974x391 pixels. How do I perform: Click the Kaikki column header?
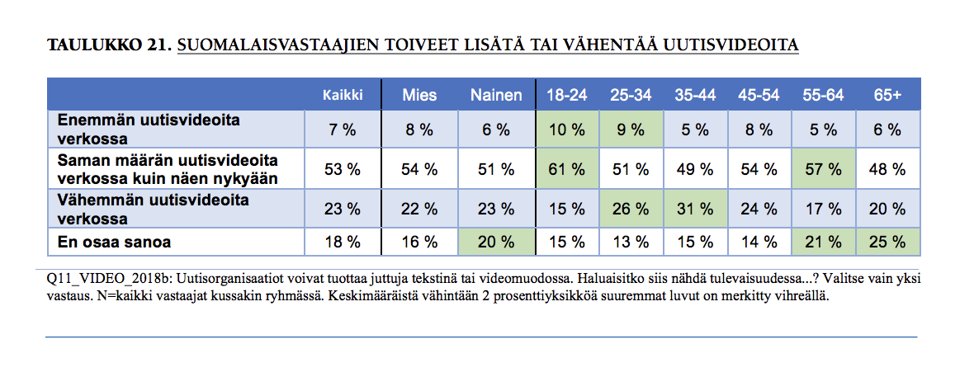click(343, 95)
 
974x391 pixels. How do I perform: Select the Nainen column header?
click(496, 95)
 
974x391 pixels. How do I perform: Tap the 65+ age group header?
click(887, 95)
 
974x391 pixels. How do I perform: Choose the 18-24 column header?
click(567, 95)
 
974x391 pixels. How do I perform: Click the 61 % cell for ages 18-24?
click(567, 169)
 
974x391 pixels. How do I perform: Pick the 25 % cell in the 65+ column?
click(889, 242)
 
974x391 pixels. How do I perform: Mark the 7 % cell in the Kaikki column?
click(343, 130)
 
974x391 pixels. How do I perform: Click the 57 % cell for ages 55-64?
click(823, 169)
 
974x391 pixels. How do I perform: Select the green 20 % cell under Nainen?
click(496, 242)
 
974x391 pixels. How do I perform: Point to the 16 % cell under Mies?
click(419, 242)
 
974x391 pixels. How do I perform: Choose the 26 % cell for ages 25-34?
click(631, 209)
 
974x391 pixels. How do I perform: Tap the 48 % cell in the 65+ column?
click(889, 169)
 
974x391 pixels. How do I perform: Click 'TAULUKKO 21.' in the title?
click(108, 45)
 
